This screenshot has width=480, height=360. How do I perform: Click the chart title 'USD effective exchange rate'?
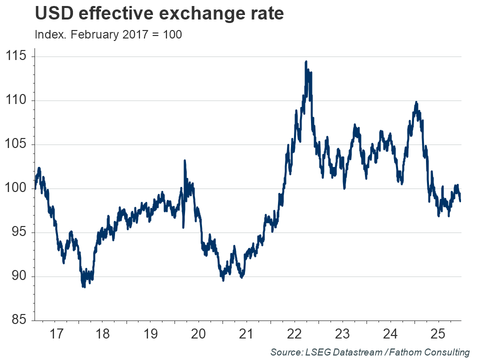pyautogui.click(x=159, y=13)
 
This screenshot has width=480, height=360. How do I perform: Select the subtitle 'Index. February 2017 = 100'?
pyautogui.click(x=108, y=35)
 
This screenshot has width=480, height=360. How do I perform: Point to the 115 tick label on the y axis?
pyautogui.click(x=17, y=56)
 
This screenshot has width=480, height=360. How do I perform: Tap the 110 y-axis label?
pyautogui.click(x=17, y=100)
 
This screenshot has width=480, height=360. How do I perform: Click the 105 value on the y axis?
pyautogui.click(x=17, y=144)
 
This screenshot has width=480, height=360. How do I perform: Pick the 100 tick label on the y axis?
pyautogui.click(x=17, y=188)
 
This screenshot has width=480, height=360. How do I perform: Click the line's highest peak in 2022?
pyautogui.click(x=305, y=62)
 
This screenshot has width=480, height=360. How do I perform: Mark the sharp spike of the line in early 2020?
pyautogui.click(x=184, y=161)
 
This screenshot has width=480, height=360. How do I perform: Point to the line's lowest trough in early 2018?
pyautogui.click(x=83, y=286)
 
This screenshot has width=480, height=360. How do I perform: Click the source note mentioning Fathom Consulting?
pyautogui.click(x=369, y=352)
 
